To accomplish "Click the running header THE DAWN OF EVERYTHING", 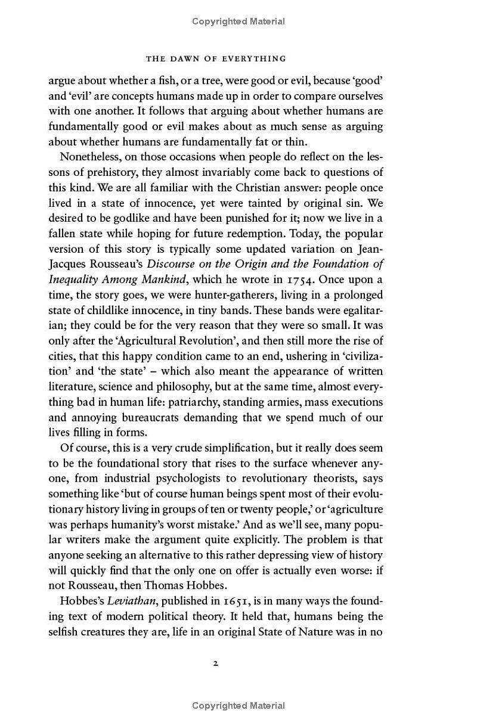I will (x=216, y=58).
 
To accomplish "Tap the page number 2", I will (x=216, y=663).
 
